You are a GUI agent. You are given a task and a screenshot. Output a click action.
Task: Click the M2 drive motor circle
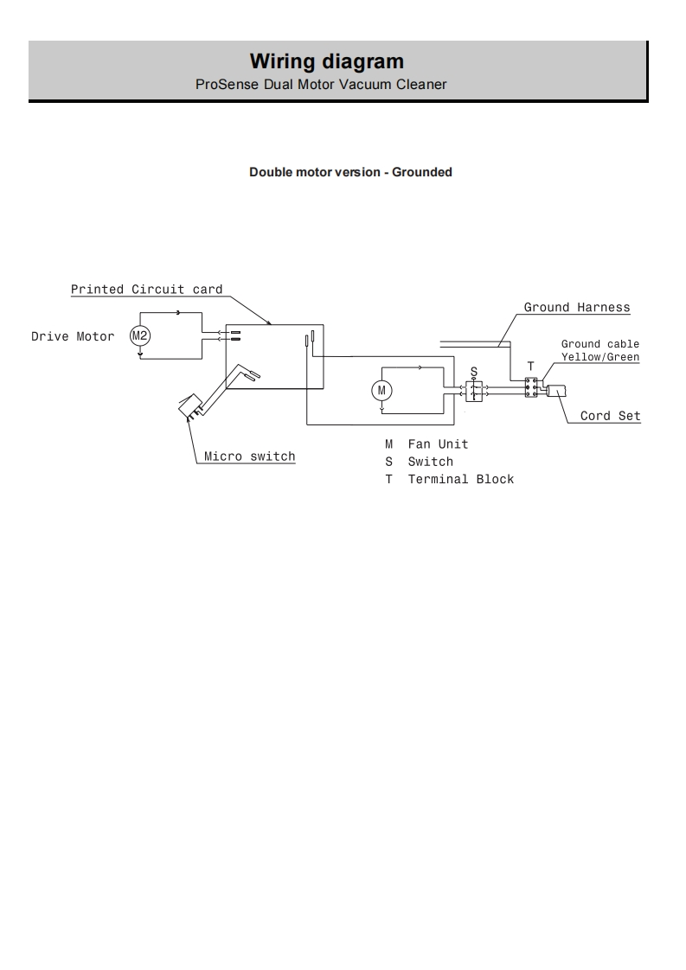[140, 335]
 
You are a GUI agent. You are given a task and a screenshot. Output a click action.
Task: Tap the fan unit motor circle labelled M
[381, 391]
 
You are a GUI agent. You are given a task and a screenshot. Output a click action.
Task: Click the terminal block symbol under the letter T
[531, 387]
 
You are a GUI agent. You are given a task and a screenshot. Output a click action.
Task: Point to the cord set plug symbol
[556, 391]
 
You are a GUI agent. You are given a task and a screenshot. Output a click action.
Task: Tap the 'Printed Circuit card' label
[146, 290]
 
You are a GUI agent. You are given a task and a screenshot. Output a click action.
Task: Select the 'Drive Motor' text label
[73, 336]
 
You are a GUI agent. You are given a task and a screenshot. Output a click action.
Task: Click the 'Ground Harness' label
[577, 308]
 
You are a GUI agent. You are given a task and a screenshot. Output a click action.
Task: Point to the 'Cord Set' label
[610, 416]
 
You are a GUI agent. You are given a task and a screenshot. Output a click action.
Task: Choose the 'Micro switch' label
[249, 456]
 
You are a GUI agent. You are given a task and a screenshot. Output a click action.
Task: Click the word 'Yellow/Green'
[600, 357]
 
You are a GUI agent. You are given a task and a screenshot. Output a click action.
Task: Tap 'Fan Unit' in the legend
[438, 444]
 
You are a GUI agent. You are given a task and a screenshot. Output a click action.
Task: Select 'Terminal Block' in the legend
[460, 479]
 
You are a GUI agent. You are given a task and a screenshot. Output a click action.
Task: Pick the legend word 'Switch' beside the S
[430, 462]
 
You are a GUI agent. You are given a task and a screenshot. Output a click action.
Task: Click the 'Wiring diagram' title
[326, 61]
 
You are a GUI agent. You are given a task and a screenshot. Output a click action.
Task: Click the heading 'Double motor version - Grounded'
[350, 172]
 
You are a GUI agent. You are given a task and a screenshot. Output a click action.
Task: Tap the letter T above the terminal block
[530, 367]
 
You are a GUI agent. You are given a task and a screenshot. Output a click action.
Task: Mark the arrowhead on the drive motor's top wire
[178, 312]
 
